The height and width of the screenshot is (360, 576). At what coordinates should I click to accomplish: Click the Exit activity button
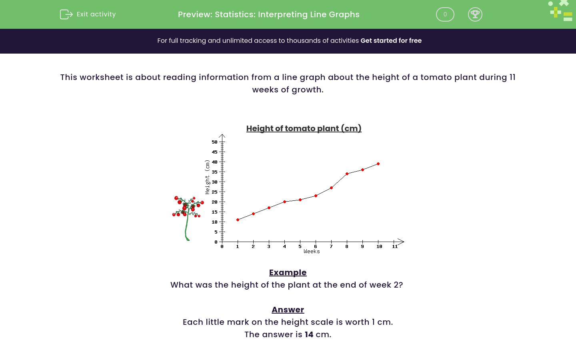pyautogui.click(x=88, y=14)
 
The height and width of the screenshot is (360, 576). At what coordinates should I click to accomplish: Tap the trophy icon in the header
pyautogui.click(x=475, y=14)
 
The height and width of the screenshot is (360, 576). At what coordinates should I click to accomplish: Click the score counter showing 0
pyautogui.click(x=445, y=14)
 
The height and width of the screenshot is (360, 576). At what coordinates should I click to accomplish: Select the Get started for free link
pyautogui.click(x=391, y=41)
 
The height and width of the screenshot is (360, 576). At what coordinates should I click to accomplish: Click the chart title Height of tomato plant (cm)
pyautogui.click(x=304, y=128)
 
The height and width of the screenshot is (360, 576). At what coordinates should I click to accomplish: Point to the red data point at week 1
pyautogui.click(x=238, y=220)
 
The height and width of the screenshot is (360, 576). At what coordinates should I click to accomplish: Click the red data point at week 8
pyautogui.click(x=347, y=174)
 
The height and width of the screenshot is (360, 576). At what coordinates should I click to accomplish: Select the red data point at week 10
pyautogui.click(x=378, y=164)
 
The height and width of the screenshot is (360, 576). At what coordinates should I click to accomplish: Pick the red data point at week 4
pyautogui.click(x=284, y=202)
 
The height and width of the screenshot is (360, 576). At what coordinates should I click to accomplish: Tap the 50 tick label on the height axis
pyautogui.click(x=215, y=142)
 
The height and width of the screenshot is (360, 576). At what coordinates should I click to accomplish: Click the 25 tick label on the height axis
pyautogui.click(x=215, y=192)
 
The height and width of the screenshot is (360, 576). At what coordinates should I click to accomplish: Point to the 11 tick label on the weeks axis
pyautogui.click(x=395, y=246)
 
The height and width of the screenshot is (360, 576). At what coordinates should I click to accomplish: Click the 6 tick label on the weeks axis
pyautogui.click(x=316, y=246)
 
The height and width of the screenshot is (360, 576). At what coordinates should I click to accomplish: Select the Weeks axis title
pyautogui.click(x=312, y=252)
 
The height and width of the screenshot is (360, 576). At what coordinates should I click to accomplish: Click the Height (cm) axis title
pyautogui.click(x=207, y=177)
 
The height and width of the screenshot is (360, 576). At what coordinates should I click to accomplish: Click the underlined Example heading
pyautogui.click(x=288, y=272)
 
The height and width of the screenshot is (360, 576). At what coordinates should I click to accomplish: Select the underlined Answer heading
pyautogui.click(x=288, y=310)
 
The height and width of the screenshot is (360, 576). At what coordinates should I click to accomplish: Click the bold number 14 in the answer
pyautogui.click(x=309, y=334)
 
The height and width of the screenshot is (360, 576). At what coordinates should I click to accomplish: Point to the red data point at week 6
pyautogui.click(x=316, y=196)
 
